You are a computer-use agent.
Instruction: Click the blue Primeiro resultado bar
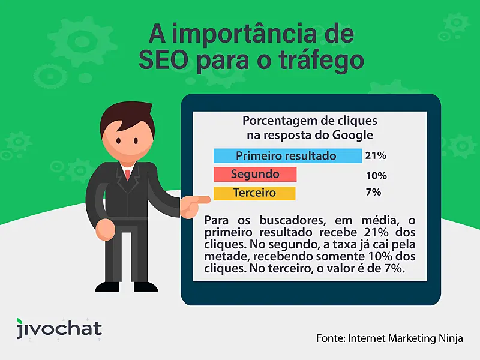pos(287,156)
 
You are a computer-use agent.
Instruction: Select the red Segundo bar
pos(255,175)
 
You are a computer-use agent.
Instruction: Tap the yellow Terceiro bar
pos(254,193)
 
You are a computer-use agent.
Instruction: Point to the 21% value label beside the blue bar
pos(376,156)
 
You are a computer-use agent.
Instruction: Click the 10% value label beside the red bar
pos(376,176)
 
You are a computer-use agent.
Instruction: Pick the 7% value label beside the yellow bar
pos(373,193)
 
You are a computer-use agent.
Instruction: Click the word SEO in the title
pos(163,60)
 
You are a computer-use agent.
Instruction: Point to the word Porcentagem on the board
pos(275,120)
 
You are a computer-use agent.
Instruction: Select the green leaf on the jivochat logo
pos(22,320)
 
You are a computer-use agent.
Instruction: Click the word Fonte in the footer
pos(329,338)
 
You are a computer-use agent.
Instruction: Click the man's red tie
pos(127,175)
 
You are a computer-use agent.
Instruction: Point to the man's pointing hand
pos(196,206)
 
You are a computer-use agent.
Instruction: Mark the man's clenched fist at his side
pos(104,227)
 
